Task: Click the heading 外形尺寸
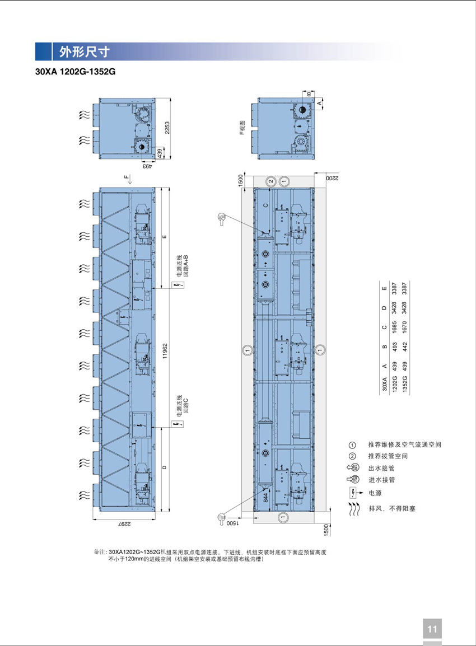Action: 85,52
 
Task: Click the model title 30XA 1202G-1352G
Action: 76,72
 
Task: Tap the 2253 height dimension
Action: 167,128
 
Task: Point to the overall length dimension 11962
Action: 165,350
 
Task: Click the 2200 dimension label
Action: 332,177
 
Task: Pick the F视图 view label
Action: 242,128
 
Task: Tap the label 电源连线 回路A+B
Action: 182,266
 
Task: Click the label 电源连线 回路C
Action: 182,404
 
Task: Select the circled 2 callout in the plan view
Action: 271,181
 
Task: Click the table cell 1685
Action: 394,327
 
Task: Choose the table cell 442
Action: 405,347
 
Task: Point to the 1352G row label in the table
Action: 405,383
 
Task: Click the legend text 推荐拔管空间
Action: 388,456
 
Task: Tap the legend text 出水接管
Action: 381,468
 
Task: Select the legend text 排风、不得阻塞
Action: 392,509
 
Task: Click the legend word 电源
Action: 375,493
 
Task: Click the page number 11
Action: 432,629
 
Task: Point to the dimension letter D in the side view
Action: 165,467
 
